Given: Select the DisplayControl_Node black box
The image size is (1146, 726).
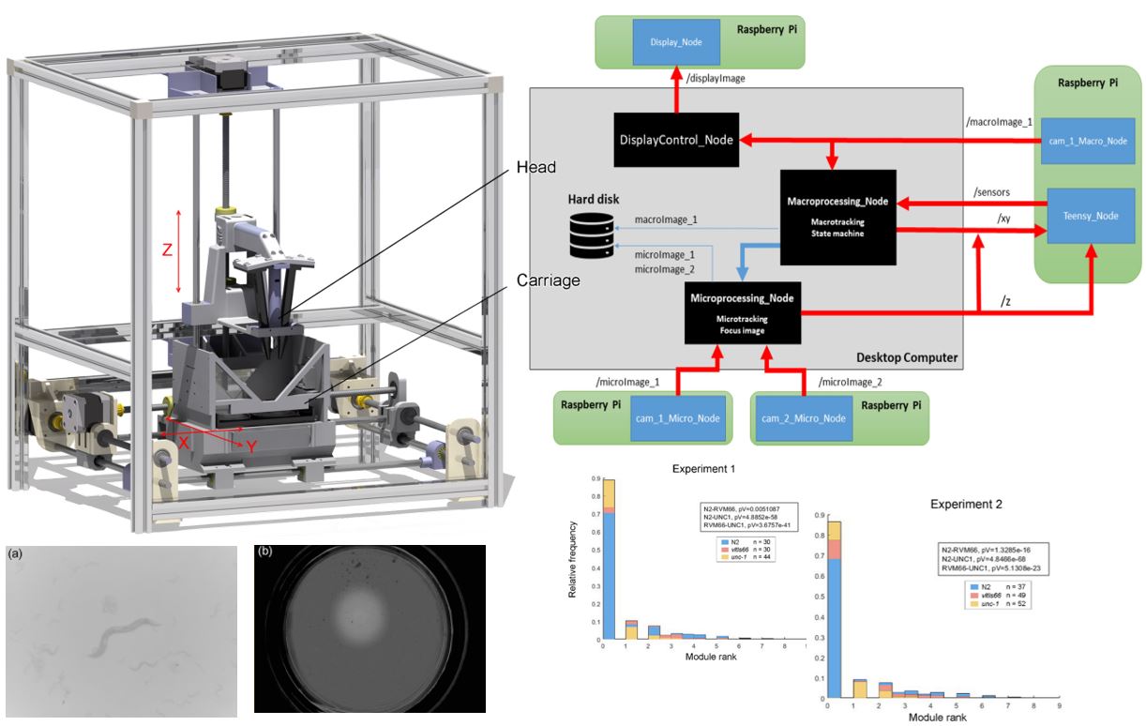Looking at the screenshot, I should pyautogui.click(x=675, y=140).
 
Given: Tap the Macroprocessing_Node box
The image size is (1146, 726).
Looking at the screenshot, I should pyautogui.click(x=838, y=217).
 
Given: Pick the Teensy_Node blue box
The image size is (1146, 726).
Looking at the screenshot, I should pyautogui.click(x=1091, y=215).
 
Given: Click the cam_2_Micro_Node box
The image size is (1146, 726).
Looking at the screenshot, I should pyautogui.click(x=804, y=417).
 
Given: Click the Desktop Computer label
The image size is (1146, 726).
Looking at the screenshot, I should pyautogui.click(x=906, y=356).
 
